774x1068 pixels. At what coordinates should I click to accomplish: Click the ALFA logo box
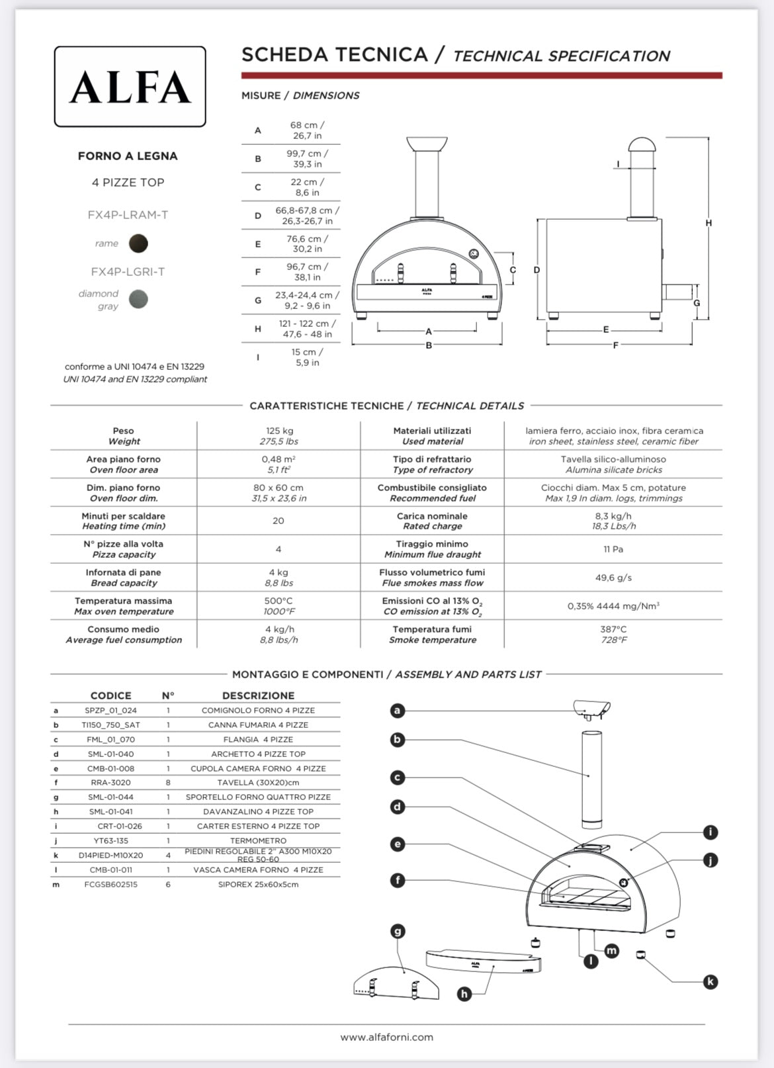130,87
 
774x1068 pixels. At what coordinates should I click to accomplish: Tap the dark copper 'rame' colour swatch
138,244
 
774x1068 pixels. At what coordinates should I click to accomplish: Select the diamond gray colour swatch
138,299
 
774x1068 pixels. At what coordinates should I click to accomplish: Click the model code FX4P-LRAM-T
128,214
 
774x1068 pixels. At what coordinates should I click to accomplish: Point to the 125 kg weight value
279,431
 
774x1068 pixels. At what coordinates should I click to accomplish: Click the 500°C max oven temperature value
279,601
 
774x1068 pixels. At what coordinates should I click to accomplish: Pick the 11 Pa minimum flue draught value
613,549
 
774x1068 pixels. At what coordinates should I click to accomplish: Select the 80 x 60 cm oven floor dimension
279,488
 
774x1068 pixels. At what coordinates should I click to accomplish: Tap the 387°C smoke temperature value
613,629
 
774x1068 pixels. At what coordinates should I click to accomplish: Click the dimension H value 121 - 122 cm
307,324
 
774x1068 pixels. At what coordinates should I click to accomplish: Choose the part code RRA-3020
110,783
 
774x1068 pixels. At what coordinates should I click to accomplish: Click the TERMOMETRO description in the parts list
258,841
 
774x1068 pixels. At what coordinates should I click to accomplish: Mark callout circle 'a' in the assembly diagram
397,711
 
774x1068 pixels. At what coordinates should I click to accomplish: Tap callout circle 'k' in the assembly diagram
710,981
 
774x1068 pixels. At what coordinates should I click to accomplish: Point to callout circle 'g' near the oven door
398,932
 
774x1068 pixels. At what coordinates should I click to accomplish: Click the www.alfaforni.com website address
387,1038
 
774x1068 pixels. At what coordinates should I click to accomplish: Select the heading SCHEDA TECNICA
334,55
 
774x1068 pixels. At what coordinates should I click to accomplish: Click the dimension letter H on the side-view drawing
709,223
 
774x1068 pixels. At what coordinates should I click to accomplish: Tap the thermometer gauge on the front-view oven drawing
474,254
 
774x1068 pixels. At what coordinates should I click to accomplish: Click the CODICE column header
110,695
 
